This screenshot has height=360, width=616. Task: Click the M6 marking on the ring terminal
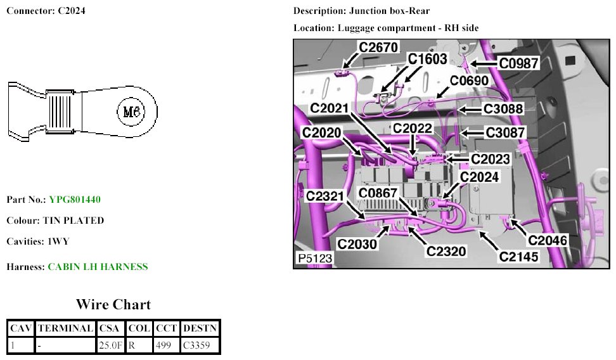pyautogui.click(x=131, y=112)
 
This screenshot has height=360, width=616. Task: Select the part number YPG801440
pyautogui.click(x=75, y=200)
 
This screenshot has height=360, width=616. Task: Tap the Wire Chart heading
pyautogui.click(x=113, y=304)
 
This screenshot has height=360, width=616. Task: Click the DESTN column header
pyautogui.click(x=200, y=328)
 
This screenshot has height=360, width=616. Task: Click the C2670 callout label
pyautogui.click(x=378, y=48)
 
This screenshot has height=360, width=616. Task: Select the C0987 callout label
pyautogui.click(x=519, y=63)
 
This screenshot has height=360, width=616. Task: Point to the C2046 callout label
pyautogui.click(x=547, y=241)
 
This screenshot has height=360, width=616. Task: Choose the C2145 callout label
pyautogui.click(x=518, y=257)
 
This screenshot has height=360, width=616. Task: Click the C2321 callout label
pyautogui.click(x=325, y=196)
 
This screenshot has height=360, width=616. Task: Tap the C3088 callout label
pyautogui.click(x=504, y=109)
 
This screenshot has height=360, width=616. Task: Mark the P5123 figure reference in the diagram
pyautogui.click(x=314, y=259)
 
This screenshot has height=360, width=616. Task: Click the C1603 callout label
pyautogui.click(x=427, y=59)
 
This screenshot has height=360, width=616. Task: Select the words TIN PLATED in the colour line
pyautogui.click(x=73, y=221)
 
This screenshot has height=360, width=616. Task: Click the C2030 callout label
pyautogui.click(x=357, y=243)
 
